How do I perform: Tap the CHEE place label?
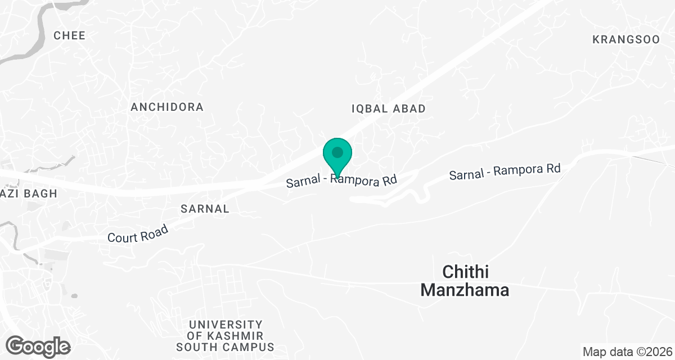70,35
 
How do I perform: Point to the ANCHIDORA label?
167,107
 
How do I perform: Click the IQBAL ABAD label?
388,109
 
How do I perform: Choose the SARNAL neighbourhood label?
205,209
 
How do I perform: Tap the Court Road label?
138,233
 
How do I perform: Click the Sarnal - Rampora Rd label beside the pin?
341,181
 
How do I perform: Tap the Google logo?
38,346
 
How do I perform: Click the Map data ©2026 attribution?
627,352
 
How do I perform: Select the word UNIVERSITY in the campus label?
226,325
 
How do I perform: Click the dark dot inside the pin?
337,152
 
